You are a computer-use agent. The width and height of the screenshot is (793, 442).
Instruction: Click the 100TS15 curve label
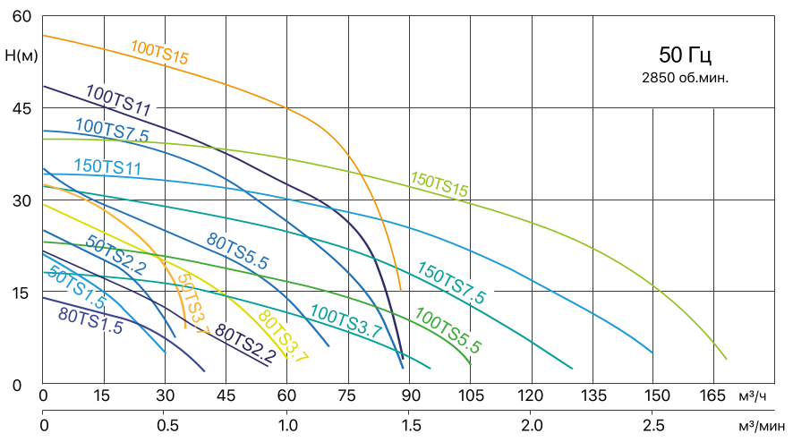click(159, 53)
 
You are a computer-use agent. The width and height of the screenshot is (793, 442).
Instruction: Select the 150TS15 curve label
click(439, 182)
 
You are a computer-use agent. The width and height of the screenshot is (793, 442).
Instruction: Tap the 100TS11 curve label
click(118, 98)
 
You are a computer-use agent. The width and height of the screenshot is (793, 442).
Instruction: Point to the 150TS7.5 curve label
click(452, 283)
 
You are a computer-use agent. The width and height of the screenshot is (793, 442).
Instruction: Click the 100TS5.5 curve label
click(448, 329)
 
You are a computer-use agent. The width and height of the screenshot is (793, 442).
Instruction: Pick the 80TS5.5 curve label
click(238, 251)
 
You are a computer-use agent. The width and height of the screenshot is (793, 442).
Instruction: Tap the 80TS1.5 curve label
click(90, 320)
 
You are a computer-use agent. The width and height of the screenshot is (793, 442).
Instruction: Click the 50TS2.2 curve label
click(115, 254)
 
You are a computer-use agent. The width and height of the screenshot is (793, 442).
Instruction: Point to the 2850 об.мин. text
click(685, 78)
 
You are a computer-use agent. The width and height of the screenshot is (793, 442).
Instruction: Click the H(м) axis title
click(21, 55)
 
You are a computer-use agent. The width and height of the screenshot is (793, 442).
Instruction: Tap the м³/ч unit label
click(755, 395)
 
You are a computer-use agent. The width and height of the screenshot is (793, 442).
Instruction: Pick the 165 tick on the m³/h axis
click(714, 395)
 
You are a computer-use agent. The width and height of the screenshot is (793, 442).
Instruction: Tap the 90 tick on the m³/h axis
click(409, 395)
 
